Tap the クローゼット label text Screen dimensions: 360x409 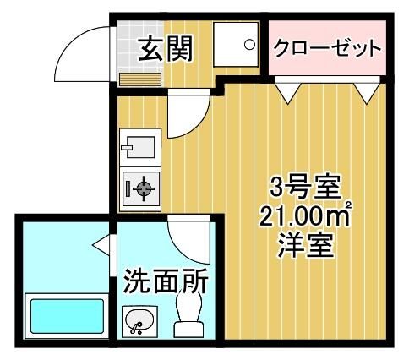coord(327,47)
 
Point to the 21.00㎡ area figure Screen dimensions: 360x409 coord(305,218)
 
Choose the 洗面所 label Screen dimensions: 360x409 coord(166,281)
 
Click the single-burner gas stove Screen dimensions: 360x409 coord(141,188)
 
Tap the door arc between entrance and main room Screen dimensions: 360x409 coord(186,115)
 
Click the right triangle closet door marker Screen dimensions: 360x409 coord(366,91)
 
